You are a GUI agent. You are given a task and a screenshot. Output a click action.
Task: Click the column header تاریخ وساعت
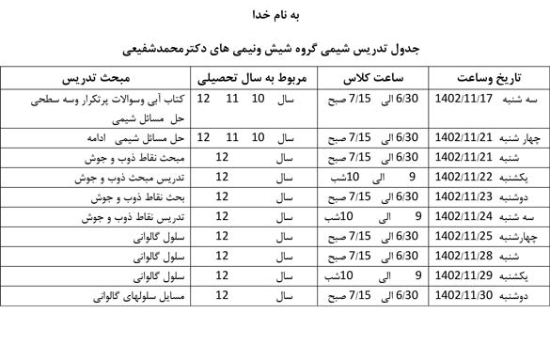click(x=492, y=77)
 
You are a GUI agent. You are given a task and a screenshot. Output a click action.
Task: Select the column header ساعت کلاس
click(x=371, y=77)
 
